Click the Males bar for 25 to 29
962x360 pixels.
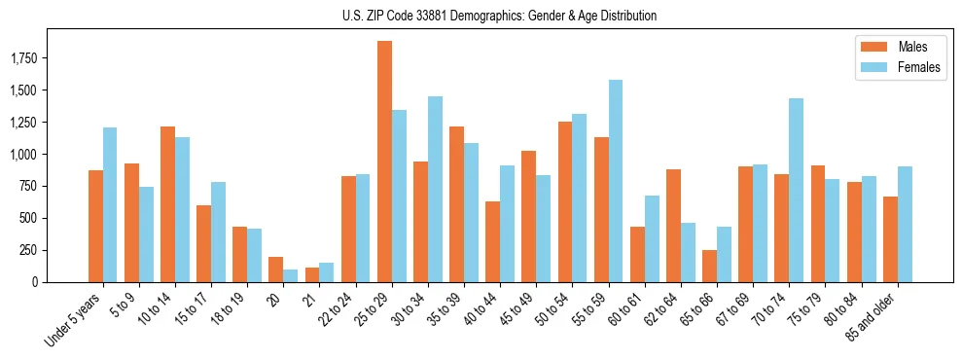click(x=384, y=162)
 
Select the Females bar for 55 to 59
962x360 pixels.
click(x=616, y=181)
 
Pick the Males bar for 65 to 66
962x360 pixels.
click(x=710, y=266)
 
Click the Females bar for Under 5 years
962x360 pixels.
click(x=110, y=204)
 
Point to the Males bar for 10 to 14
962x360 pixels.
click(x=167, y=204)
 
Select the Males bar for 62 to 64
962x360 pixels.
click(x=673, y=226)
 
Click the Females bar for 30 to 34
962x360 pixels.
click(x=435, y=189)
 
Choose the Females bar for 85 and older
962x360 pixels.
click(x=905, y=224)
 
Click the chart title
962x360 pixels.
click(x=499, y=16)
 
